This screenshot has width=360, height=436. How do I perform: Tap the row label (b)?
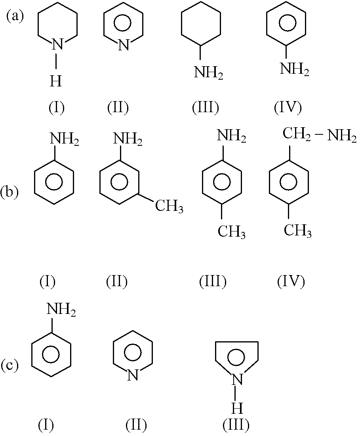coord(10,192)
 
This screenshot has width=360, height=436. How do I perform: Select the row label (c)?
coord(10,365)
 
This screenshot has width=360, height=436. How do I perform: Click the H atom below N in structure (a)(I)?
coord(56,82)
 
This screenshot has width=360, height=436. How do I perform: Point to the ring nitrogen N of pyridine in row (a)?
coord(124,45)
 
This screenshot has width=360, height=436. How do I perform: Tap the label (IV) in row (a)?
coord(288,107)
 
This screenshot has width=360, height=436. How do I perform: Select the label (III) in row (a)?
coord(206,107)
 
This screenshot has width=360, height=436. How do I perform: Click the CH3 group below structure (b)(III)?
coord(232,231)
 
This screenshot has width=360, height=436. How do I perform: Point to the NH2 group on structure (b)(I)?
coord(64,139)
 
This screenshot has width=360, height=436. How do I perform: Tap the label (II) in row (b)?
coord(117,282)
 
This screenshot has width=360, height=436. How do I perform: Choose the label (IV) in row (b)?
coord(291,282)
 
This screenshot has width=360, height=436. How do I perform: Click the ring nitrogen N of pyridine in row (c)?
coord(133,375)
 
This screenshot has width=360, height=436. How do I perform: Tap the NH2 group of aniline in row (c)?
coord(61,310)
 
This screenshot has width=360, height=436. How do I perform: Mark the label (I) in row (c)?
coord(46,425)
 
